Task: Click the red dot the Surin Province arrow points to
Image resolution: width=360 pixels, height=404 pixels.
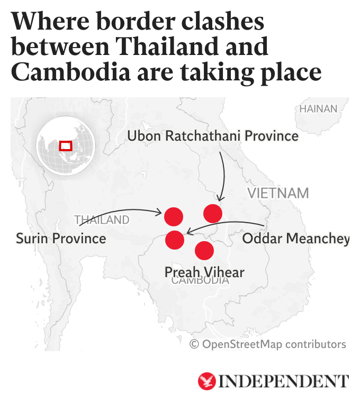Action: pos(174,216)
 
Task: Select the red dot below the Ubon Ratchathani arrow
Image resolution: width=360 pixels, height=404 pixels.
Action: pos(213,213)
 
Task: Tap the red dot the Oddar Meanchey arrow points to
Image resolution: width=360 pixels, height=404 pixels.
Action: pos(175,240)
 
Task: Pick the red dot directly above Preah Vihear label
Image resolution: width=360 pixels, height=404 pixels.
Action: pos(204,250)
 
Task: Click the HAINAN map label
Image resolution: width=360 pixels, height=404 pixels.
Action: pos(318,109)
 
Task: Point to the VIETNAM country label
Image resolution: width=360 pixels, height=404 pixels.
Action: pos(278,193)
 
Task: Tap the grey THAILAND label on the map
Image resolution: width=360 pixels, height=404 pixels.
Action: pos(102,219)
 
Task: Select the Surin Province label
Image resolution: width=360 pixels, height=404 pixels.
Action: pos(61,238)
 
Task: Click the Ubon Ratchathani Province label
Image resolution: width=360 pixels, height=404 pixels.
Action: pos(213,136)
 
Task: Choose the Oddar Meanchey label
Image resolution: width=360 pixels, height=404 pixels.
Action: pos(295,239)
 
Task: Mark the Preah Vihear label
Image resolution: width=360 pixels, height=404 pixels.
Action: pos(204,272)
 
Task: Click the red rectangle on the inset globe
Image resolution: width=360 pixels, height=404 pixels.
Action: pos(66,145)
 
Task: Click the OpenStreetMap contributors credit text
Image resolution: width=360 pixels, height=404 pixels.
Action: pos(268,344)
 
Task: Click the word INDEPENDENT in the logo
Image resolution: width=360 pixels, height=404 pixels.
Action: pos(284,381)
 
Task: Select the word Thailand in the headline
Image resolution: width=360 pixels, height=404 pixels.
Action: pos(159,47)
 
